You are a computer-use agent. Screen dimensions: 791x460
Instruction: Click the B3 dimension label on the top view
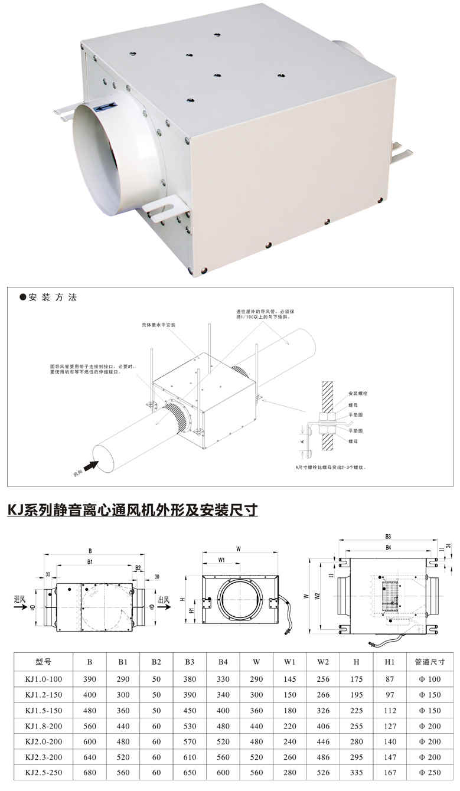tap(388, 537)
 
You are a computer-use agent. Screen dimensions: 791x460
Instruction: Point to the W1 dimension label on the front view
tap(221, 559)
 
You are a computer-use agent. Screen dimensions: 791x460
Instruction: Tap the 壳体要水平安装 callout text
tap(158, 325)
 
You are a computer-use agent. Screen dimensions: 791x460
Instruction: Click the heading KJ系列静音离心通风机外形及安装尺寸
tap(132, 509)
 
